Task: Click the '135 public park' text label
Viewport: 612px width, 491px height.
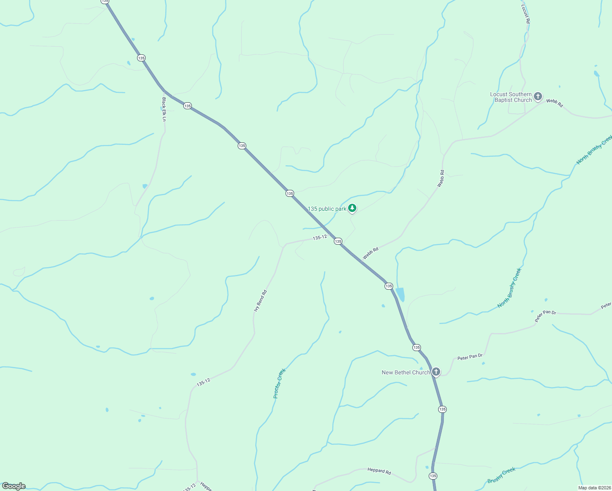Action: (x=327, y=209)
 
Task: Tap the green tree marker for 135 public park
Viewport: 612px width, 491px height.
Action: (x=352, y=208)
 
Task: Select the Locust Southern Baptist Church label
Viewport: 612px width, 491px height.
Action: (x=511, y=97)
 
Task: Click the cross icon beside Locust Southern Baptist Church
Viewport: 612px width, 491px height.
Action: (x=538, y=97)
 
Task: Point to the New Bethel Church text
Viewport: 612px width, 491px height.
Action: (x=406, y=372)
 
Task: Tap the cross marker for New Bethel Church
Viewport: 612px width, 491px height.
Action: (x=436, y=372)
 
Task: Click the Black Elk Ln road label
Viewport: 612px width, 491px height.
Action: (x=164, y=109)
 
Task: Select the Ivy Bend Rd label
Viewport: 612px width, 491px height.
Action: (x=260, y=301)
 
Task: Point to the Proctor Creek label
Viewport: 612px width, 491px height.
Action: (x=279, y=383)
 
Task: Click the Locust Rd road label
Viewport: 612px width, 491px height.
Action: (x=526, y=14)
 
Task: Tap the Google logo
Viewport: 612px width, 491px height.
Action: (x=14, y=486)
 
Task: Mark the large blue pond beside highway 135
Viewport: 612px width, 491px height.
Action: (x=400, y=294)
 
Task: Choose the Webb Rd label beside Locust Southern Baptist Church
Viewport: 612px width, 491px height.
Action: (x=554, y=103)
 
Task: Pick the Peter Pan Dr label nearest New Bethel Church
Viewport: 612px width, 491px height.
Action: (x=470, y=357)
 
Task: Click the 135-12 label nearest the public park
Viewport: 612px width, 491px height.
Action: (x=319, y=237)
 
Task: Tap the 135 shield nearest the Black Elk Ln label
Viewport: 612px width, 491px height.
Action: (x=187, y=106)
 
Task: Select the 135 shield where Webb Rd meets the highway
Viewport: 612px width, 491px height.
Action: (x=338, y=241)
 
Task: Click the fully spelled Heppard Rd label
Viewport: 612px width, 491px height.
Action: (x=379, y=471)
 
